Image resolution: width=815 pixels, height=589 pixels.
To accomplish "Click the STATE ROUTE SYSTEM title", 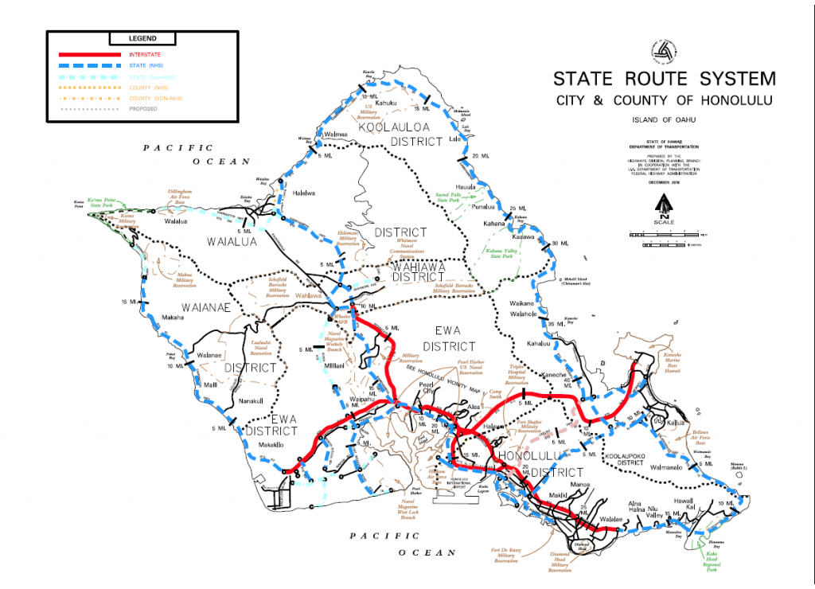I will coord(664,79).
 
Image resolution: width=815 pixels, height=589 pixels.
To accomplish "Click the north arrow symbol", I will coord(663,207).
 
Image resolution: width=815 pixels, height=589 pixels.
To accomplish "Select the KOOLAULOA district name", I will coord(392,127).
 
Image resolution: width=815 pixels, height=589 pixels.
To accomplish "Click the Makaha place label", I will coord(178,318).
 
